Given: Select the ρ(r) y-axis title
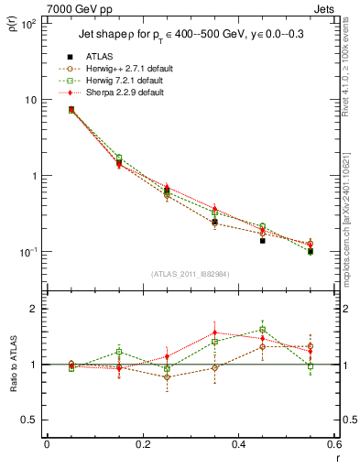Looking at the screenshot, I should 13,27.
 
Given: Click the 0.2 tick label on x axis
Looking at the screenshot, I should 142,444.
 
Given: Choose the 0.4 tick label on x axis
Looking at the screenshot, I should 238,444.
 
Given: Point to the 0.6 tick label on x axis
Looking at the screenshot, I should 333,444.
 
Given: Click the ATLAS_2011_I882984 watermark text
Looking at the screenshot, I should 190,274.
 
